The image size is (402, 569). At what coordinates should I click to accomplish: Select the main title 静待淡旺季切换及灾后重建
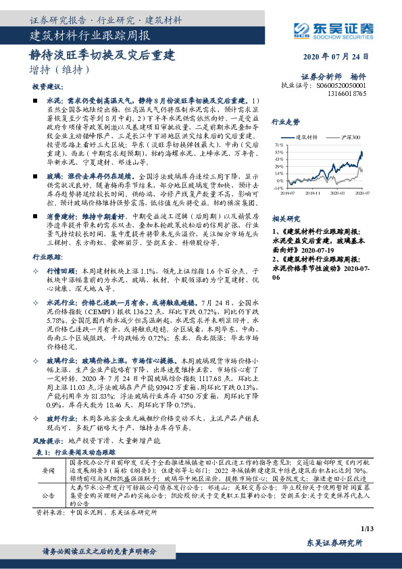click(101, 53)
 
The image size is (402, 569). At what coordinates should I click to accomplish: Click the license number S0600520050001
click(341, 86)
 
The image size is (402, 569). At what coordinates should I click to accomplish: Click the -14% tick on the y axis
click(278, 189)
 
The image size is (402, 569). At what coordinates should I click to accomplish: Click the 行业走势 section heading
click(285, 122)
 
